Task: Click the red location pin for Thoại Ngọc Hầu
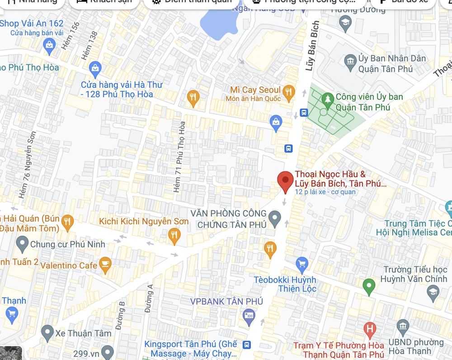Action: click(285, 180)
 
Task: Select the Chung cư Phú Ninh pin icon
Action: click(22, 244)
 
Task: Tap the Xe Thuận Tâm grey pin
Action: click(47, 333)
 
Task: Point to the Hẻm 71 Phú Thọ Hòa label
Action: click(180, 156)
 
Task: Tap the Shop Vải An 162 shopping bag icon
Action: click(49, 44)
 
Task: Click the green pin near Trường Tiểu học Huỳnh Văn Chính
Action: click(369, 286)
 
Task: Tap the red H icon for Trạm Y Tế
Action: click(370, 330)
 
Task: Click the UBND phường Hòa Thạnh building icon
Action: click(403, 326)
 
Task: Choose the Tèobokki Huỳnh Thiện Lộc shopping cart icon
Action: click(302, 263)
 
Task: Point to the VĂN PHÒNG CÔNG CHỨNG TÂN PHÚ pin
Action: click(275, 218)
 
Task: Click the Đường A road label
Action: click(149, 298)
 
